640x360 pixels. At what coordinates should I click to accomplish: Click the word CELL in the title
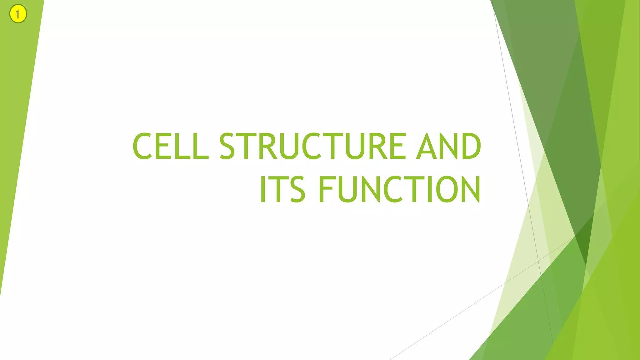coord(170,146)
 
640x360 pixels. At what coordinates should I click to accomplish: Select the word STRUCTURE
coord(312,146)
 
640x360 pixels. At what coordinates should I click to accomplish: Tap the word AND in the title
coord(448,146)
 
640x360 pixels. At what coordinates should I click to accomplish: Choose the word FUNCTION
coord(399,189)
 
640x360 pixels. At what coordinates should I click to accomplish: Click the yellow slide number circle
coord(18,14)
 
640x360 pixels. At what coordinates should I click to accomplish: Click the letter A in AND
coord(426,146)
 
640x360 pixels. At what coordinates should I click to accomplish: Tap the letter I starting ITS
coord(263,189)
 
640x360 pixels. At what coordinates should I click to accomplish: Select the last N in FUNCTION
coord(470,189)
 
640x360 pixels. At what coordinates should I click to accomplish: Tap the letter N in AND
coord(448,146)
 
